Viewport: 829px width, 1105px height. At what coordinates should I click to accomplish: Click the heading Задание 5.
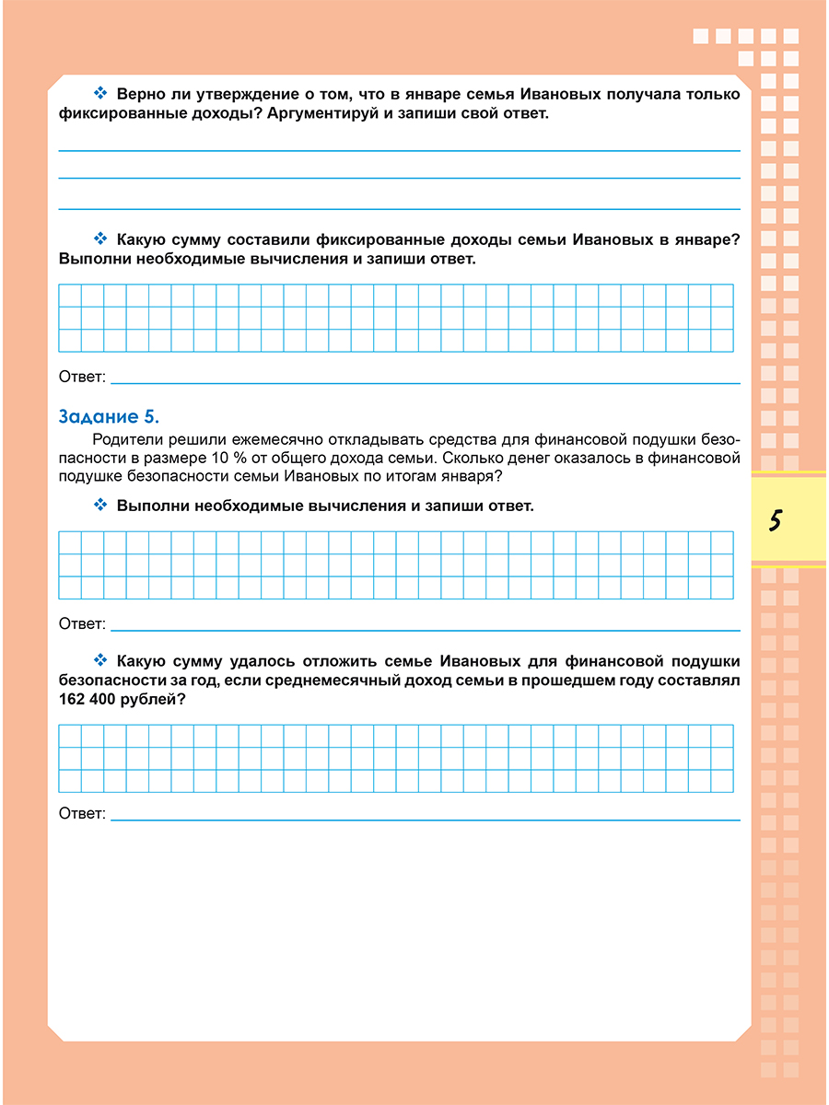tap(110, 416)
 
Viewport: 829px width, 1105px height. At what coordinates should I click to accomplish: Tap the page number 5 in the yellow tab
tap(775, 521)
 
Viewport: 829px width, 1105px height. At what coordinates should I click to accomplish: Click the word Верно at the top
tap(139, 94)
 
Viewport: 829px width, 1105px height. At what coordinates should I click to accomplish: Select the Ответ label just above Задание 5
tap(82, 378)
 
